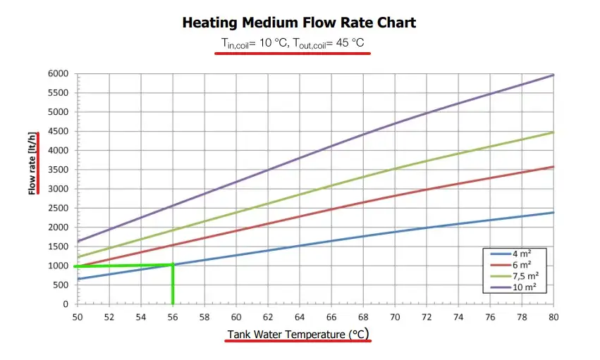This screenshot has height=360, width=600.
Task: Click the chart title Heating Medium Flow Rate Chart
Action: [x=299, y=23]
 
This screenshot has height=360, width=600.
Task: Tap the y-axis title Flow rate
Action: [x=32, y=163]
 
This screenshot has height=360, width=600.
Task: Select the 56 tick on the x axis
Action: [x=173, y=317]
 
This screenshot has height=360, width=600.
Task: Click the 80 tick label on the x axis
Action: [x=554, y=317]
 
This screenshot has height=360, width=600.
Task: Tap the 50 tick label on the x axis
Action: [x=78, y=317]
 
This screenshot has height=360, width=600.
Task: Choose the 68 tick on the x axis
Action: [x=363, y=317]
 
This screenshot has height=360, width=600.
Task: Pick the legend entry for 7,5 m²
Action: [x=522, y=275]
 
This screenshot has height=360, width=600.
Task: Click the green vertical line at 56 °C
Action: [x=173, y=285]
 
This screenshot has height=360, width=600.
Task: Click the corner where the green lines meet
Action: [x=173, y=266]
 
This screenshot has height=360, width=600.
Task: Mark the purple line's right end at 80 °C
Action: [x=553, y=75]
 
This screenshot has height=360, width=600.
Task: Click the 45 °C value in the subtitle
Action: [x=348, y=44]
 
